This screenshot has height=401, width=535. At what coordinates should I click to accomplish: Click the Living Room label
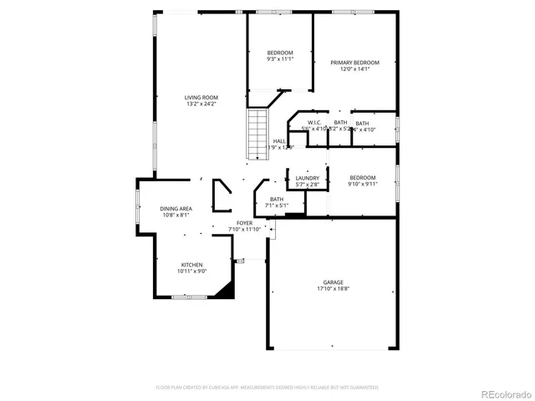coord(201,98)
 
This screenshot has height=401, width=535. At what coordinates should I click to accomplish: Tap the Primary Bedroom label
coord(354,63)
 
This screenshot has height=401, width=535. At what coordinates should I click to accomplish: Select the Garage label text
coord(334,282)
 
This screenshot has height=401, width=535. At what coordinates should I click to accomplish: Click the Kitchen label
coord(191,265)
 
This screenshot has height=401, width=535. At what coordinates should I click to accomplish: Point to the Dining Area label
coord(177,208)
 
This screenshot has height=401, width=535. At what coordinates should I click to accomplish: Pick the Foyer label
coord(244,223)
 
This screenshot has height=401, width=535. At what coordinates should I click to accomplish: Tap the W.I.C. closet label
coord(315,123)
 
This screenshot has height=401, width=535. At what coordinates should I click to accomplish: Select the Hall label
coord(279,141)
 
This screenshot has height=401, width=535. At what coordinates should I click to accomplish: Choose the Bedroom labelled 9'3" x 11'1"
coord(280,53)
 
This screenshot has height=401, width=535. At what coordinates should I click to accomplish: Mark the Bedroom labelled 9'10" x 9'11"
coord(363,177)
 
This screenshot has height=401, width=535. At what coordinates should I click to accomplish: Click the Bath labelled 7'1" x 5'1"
coord(277,199)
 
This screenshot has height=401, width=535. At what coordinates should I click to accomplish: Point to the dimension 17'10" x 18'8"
coord(334,289)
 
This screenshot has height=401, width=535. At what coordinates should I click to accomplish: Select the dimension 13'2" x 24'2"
coord(201,104)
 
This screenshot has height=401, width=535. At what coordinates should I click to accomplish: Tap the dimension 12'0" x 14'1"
coord(354,69)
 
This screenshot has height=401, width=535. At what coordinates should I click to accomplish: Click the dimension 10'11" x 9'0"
coord(191,271)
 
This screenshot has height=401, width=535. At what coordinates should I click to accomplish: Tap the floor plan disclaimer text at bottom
coord(267,388)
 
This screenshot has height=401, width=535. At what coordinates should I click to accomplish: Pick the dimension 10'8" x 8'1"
coord(177,215)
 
